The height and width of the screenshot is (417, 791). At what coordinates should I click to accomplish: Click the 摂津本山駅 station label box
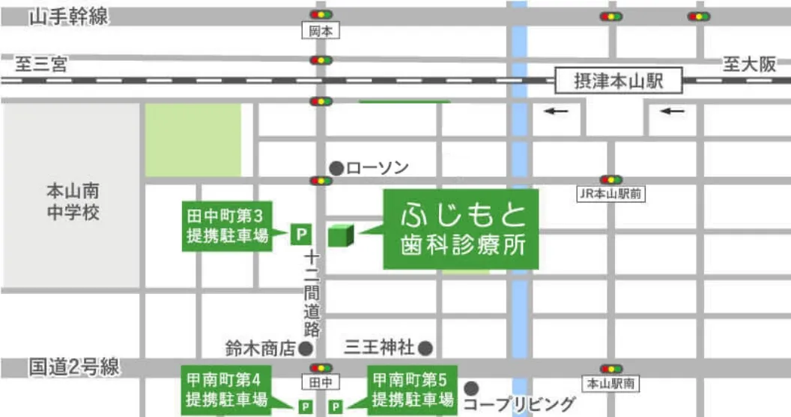(x=619, y=81)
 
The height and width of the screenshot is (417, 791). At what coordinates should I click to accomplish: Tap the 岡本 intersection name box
(x=321, y=31)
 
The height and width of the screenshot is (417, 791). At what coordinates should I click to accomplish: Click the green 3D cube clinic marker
(x=340, y=235)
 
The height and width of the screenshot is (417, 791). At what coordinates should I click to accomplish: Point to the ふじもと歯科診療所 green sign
(x=461, y=229)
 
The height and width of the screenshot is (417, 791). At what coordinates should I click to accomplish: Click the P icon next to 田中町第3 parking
(x=300, y=235)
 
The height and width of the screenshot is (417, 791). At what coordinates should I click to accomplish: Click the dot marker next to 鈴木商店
(x=306, y=348)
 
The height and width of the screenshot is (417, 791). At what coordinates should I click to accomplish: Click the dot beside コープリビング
(x=471, y=388)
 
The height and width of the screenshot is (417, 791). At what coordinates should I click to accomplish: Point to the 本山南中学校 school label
(x=72, y=202)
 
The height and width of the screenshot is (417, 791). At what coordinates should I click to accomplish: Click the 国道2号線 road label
(x=74, y=367)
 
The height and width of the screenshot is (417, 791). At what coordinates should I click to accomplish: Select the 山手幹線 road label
(x=68, y=16)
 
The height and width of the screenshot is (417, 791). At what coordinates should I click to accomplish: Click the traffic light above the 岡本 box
(x=321, y=15)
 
